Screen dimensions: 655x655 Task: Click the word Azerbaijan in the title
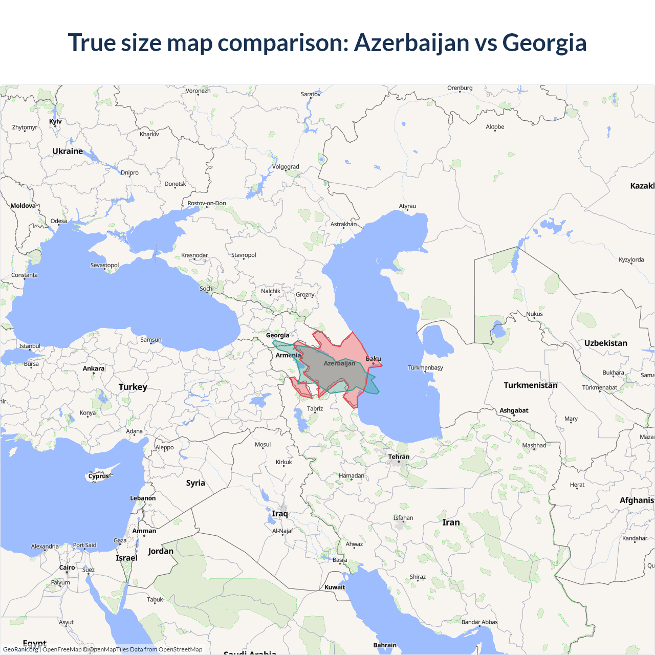pos(411,42)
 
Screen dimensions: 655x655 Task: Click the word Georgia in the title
pos(544,42)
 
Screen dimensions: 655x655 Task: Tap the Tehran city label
pos(399,457)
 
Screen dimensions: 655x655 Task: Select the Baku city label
pos(373,359)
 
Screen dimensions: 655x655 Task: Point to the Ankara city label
pos(94,368)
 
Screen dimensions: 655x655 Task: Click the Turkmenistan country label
pos(530,385)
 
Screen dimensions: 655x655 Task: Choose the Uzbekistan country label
pos(605,343)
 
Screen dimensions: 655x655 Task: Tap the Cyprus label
pos(99,476)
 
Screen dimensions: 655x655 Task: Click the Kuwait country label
pos(335,587)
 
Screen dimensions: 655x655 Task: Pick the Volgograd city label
pos(286,167)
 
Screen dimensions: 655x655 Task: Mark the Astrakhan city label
pos(343,224)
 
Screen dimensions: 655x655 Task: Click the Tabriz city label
pos(315,408)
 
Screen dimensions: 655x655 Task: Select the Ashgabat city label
pos(514,410)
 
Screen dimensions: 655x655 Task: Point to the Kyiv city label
pos(55,121)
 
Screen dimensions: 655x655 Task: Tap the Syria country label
pos(195,483)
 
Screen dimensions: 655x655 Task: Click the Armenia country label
pos(288,355)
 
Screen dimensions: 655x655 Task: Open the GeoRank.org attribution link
pos(20,649)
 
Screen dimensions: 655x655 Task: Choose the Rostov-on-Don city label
pos(207,203)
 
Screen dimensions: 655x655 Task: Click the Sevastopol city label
pos(104,265)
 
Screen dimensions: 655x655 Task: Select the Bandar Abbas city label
pos(479,622)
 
